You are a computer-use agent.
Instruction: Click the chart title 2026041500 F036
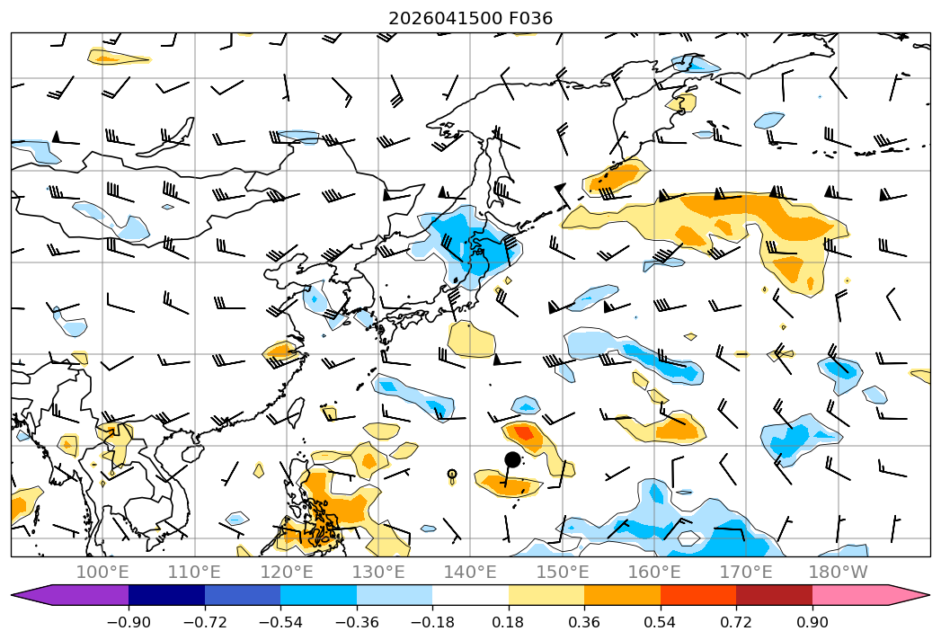point(471,19)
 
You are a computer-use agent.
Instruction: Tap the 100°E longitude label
point(102,572)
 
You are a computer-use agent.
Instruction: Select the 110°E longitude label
point(194,572)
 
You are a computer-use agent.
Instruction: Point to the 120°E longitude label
point(287,572)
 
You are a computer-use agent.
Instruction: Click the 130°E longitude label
point(378,572)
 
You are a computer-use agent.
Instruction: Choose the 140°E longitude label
point(470,572)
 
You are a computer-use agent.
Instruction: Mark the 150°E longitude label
point(563,572)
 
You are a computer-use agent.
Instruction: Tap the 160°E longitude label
point(654,572)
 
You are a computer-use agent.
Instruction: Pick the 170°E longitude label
point(746,572)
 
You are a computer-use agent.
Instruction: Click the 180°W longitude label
point(839,572)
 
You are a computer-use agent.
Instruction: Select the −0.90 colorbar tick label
point(129,622)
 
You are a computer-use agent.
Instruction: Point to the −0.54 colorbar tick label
point(280,622)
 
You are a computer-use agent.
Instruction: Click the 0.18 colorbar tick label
point(508,622)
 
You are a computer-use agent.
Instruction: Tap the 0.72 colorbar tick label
point(736,622)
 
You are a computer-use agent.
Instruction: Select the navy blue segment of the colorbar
point(166,594)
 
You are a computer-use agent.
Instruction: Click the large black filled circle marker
point(512,460)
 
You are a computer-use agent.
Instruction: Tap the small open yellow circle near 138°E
point(452,474)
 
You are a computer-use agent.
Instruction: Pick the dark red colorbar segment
point(774,594)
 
